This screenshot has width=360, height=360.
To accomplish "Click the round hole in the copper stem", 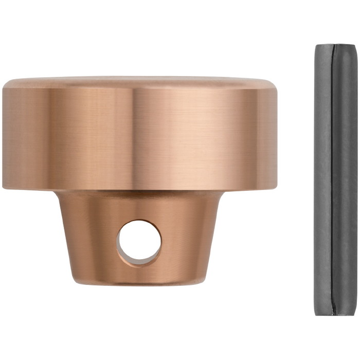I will pos(139,242).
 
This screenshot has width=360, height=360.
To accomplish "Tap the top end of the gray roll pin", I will pos(336,46).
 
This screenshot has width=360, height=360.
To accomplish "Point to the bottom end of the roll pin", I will pos(336,313).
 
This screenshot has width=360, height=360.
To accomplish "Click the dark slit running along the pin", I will pos(332,180).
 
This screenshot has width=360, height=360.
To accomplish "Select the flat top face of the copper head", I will pos(139,81).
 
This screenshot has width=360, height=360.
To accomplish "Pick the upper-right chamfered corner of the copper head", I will pos(274,84).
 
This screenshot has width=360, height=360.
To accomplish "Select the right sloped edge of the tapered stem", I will pos(215,237).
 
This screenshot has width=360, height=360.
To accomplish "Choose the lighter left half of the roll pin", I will pos(323,180).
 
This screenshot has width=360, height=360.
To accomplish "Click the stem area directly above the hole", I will pos(139,206).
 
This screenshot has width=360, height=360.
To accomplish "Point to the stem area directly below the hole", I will pos(139,273).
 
